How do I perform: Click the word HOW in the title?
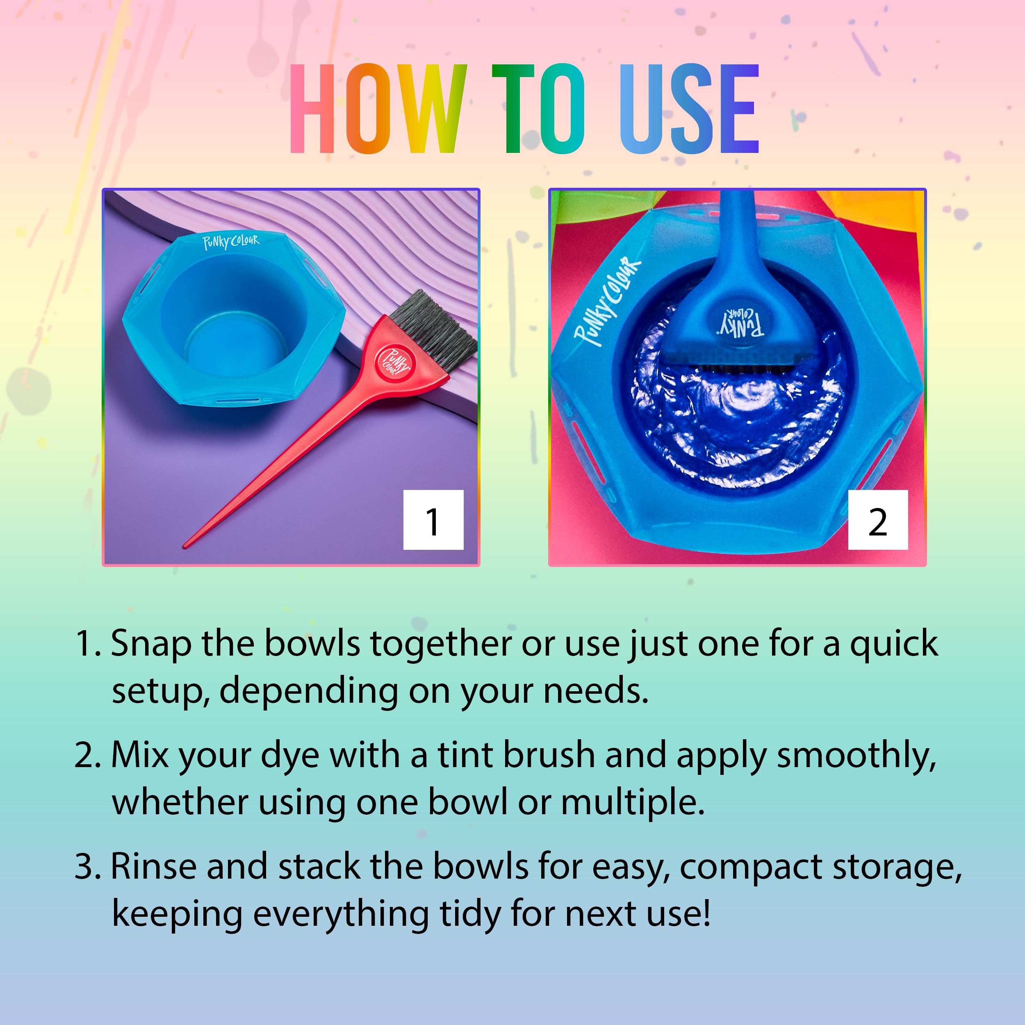pos(378,109)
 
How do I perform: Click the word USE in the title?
pos(689,109)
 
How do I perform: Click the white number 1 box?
pos(433,520)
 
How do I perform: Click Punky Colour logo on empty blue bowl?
pos(231,242)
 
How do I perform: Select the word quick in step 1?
pos(894,644)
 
